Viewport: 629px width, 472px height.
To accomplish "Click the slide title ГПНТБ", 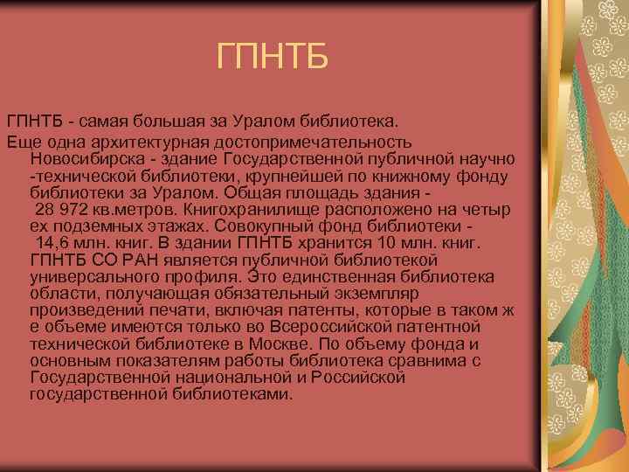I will [273, 59].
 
